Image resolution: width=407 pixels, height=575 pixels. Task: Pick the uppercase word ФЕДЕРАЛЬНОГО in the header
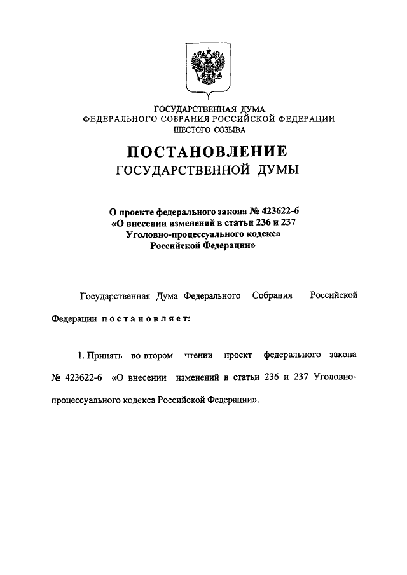pyautogui.click(x=120, y=119)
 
